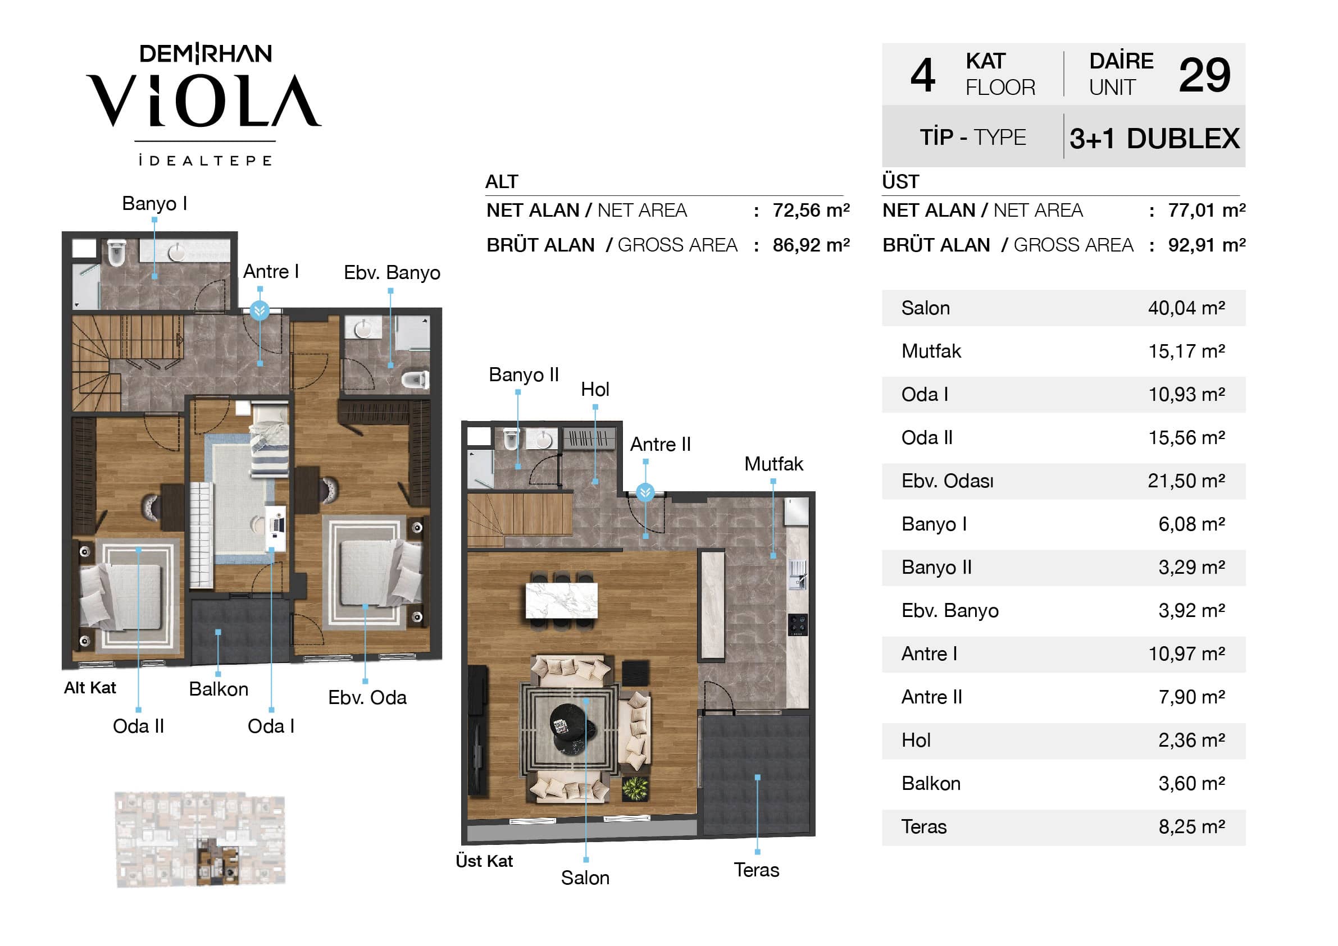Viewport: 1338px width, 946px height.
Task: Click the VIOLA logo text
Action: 204,100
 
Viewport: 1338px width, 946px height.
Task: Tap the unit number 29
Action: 1204,75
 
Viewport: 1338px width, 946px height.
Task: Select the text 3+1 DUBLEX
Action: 1154,139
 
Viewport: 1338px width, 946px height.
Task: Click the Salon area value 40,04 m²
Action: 1186,308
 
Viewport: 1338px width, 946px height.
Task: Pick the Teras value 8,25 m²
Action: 1191,826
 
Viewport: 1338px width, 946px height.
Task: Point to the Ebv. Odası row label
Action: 947,481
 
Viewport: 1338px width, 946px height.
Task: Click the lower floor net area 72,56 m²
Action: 811,211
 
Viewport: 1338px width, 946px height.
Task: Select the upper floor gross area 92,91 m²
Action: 1207,245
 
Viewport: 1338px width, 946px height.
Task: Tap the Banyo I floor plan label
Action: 154,203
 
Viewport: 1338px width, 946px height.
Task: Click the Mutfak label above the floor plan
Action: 773,464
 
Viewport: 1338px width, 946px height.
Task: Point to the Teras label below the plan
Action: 757,870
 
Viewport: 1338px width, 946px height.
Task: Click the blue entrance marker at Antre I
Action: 260,310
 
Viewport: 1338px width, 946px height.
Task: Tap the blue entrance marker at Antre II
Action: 645,493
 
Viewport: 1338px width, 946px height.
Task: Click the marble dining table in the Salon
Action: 561,601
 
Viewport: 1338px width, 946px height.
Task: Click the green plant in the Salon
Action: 635,789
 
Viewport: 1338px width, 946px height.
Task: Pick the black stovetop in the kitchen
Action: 798,624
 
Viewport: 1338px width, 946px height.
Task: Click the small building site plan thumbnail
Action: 201,839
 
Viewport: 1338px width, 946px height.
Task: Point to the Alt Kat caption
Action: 90,688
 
